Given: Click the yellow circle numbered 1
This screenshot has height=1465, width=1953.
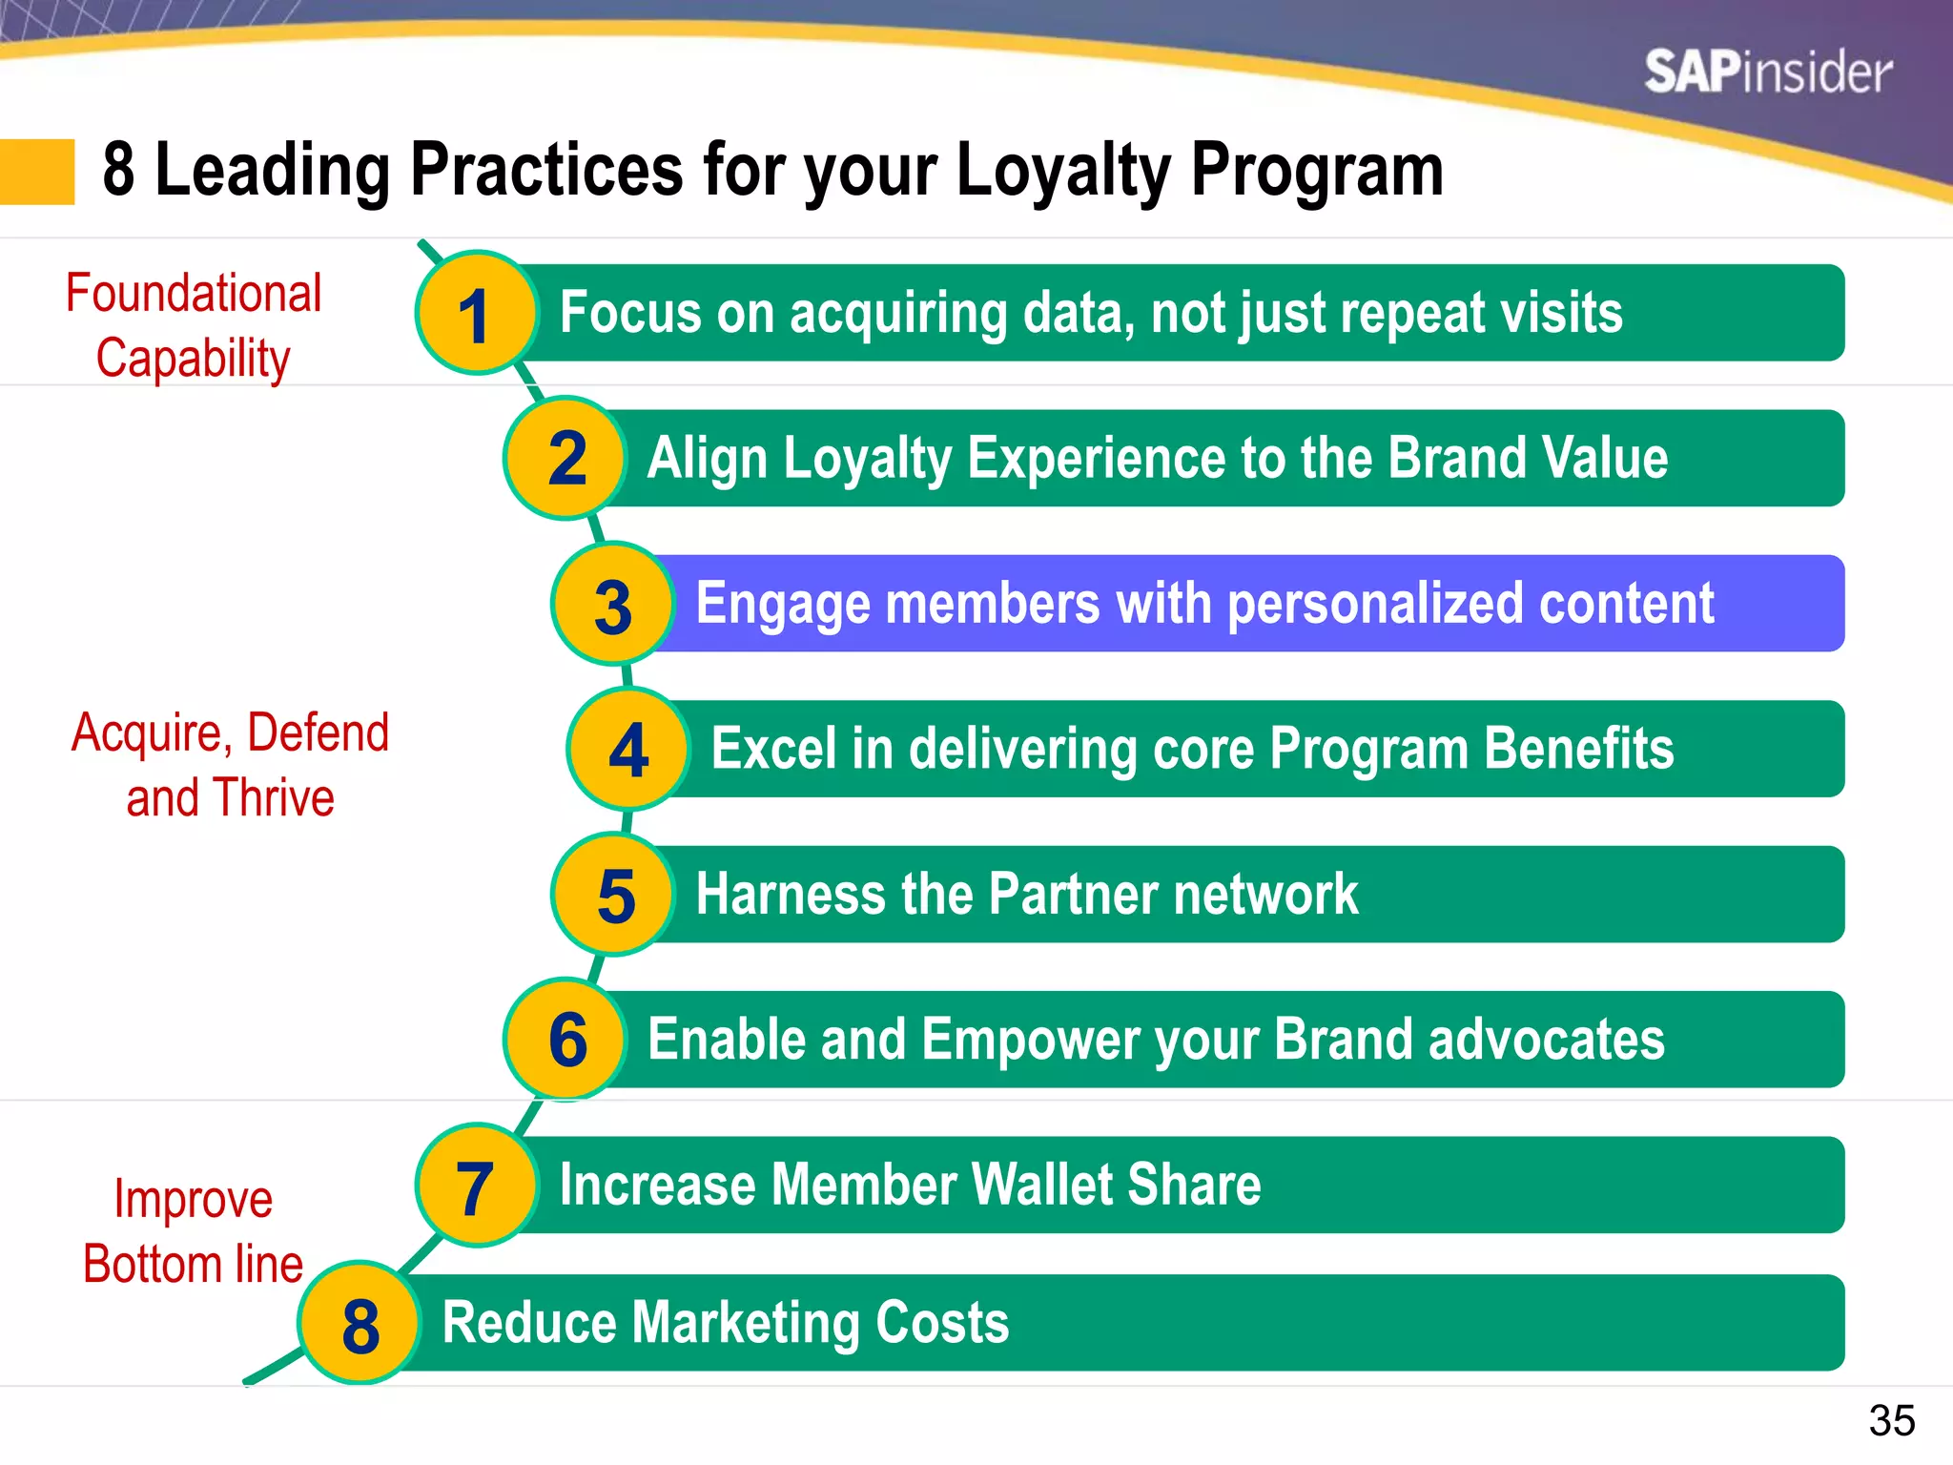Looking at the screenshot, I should (476, 314).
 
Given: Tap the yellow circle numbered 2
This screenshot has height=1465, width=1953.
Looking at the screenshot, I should (565, 459).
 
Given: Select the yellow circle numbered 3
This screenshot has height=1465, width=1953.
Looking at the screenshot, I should (613, 605).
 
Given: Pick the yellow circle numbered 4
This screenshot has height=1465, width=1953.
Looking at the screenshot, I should (628, 750).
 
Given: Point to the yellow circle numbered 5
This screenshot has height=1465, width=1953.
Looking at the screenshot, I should (613, 895).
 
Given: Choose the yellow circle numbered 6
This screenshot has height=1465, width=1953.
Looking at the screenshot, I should (565, 1040).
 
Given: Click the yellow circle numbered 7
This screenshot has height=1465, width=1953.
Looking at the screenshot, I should (476, 1186).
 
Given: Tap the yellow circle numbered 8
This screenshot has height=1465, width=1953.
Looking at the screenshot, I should (360, 1324).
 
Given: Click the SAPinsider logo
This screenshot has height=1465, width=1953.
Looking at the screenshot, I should (1767, 72).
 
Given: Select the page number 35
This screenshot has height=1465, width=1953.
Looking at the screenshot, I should (1891, 1421).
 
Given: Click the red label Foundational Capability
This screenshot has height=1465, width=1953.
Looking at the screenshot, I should (194, 325).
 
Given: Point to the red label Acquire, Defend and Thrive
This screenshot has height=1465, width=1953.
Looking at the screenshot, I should (230, 765).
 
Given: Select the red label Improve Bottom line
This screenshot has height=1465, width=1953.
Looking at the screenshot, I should (194, 1231).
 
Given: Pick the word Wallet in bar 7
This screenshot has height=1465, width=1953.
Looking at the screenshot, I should (1039, 1186).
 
